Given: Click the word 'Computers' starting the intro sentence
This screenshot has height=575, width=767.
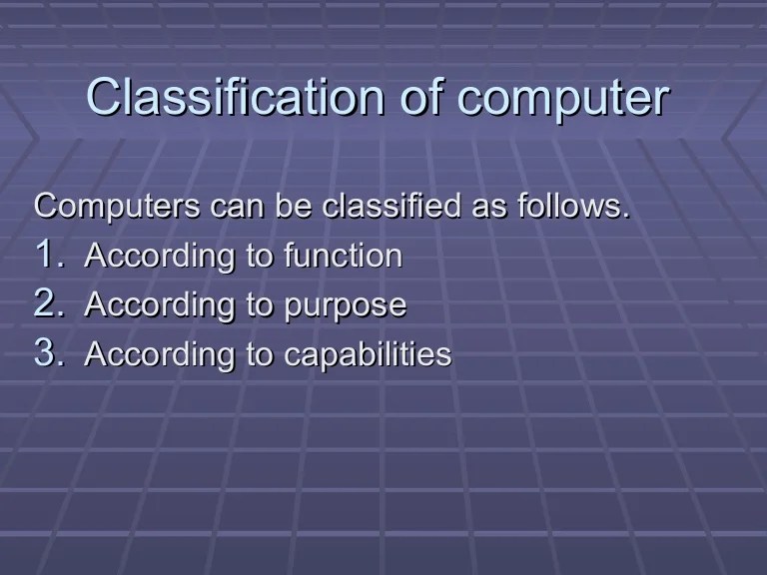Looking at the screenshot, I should [x=118, y=208].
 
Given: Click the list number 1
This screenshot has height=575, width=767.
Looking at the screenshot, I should [x=48, y=255].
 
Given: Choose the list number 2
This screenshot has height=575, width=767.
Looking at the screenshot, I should [x=48, y=304].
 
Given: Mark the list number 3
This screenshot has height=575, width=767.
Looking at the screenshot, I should [x=48, y=353].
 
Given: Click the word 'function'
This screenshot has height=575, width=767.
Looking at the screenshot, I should [x=343, y=257].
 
